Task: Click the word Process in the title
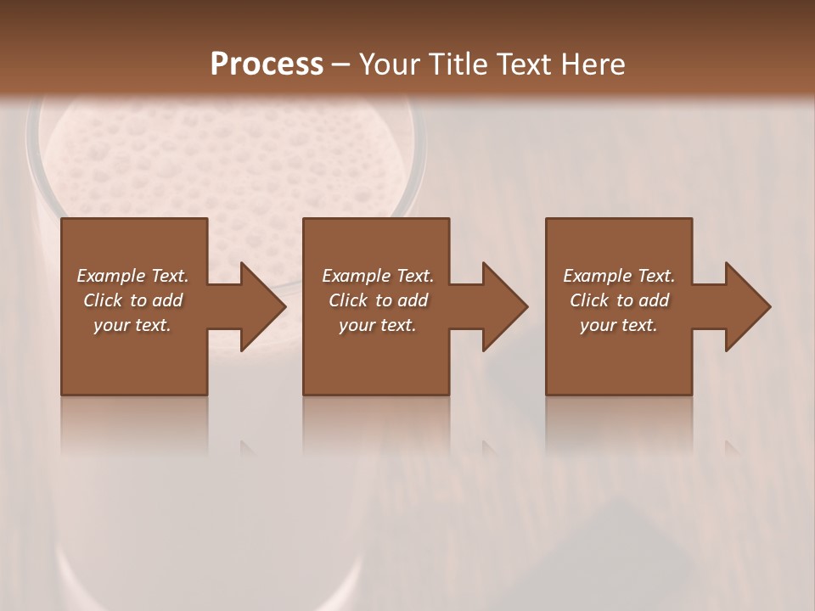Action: pos(267,64)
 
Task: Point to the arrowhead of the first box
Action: pos(260,306)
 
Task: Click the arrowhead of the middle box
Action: pos(503,306)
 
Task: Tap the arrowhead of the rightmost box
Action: pos(745,306)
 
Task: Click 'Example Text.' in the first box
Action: pos(132,276)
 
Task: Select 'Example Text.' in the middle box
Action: pos(378,276)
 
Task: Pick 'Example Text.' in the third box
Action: pos(619,276)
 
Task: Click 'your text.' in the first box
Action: pos(132,325)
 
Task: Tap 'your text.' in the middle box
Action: pos(378,325)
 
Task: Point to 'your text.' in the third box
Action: pos(619,325)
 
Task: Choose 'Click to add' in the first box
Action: pos(132,300)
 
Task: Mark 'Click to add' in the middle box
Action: pos(378,300)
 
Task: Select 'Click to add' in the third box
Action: pos(619,300)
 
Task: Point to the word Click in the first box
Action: pos(102,300)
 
